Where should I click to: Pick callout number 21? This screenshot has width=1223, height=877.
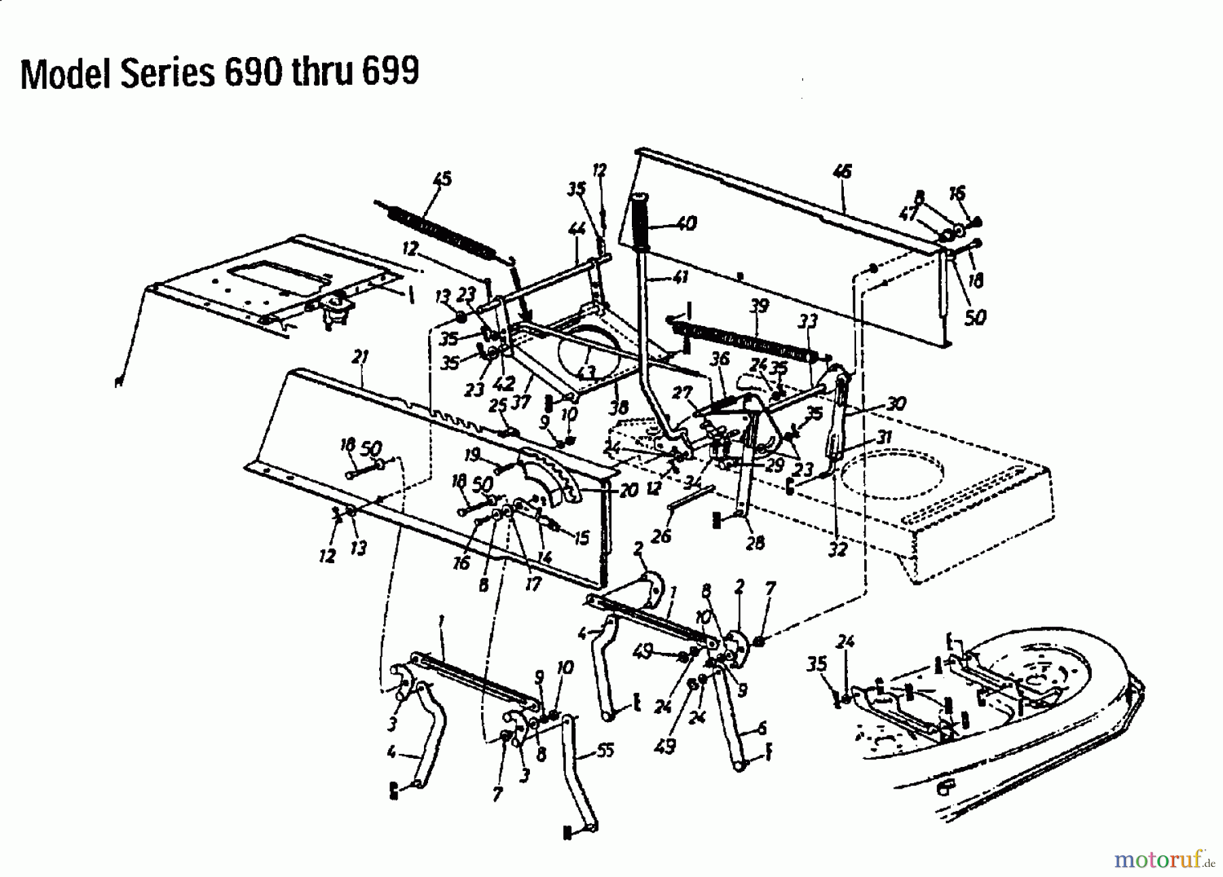point(361,356)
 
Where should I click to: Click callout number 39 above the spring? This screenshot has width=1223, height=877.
point(758,306)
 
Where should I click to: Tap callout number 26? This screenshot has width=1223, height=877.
point(660,536)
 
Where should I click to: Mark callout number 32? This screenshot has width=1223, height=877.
point(838,550)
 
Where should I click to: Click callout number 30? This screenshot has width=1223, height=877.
point(896,404)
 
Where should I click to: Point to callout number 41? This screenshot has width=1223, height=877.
point(679,277)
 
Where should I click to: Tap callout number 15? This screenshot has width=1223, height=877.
point(581,539)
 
